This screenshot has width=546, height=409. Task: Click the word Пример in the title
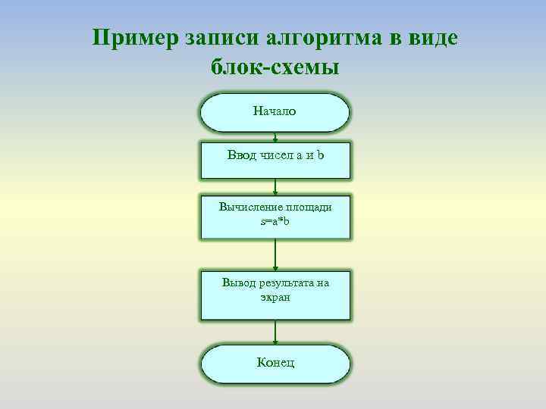133,38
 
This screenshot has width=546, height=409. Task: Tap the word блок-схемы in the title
275,67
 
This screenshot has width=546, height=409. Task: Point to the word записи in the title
220,38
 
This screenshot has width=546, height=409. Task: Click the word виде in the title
432,38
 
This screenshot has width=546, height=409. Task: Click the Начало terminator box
275,113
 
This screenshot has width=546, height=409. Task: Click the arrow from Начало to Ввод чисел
275,137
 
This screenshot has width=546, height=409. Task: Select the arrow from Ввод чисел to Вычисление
275,187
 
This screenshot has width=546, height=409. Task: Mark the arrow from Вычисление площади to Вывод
275,255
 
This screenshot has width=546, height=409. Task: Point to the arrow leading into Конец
275,332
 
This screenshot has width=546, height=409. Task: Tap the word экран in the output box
275,298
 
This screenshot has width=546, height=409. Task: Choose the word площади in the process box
307,206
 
